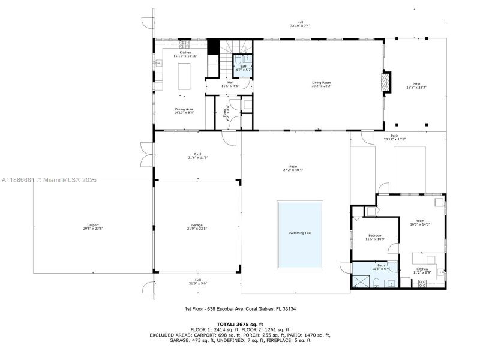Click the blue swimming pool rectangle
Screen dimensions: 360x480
tap(300, 234)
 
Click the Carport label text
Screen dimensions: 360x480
tap(92, 227)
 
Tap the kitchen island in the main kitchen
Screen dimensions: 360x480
tap(185, 76)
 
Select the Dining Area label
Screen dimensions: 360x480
tap(184, 110)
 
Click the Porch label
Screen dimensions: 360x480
tap(198, 155)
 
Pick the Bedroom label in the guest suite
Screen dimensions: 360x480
tap(375, 238)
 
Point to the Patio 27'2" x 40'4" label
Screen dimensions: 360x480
tap(293, 168)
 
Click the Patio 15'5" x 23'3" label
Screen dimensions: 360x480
tap(416, 86)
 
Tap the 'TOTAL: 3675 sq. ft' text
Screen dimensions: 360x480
tap(239, 324)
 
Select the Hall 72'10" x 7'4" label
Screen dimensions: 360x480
tap(300, 25)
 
